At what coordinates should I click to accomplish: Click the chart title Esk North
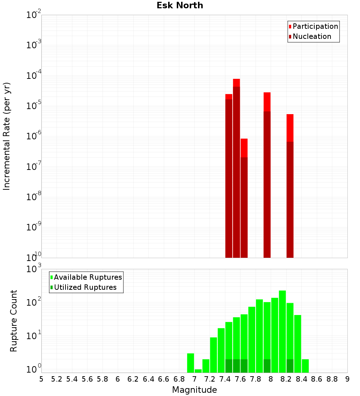pyautogui.click(x=180, y=5)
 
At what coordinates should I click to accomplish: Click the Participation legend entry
pyautogui.click(x=315, y=26)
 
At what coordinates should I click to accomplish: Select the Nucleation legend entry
pyautogui.click(x=311, y=36)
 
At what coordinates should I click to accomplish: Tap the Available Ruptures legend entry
pyautogui.click(x=87, y=277)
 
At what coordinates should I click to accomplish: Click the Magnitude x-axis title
pyautogui.click(x=194, y=390)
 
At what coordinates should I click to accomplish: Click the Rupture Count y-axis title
pyautogui.click(x=14, y=320)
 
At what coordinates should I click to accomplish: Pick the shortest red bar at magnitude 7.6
pyautogui.click(x=244, y=198)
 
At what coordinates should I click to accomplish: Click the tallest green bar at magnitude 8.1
pyautogui.click(x=282, y=332)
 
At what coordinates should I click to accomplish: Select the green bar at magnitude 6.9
pyautogui.click(x=190, y=363)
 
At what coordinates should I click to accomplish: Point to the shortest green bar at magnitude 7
pyautogui.click(x=198, y=371)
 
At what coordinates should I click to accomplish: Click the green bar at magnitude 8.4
pyautogui.click(x=305, y=366)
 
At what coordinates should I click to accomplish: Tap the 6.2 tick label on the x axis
pyautogui.click(x=133, y=379)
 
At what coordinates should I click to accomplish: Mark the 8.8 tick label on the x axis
pyautogui.click(x=332, y=379)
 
